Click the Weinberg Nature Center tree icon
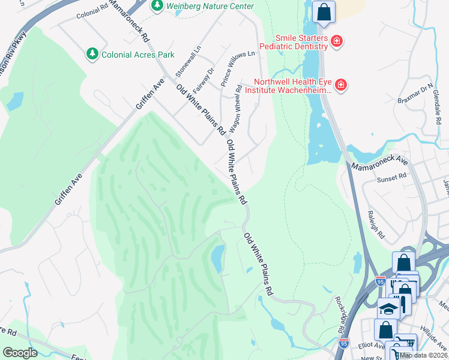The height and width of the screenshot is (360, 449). tap(157, 5)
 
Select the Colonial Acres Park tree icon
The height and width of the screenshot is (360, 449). tap(92, 54)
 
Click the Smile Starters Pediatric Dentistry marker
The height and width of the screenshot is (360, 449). tap(337, 41)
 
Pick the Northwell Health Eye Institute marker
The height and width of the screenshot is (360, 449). tap(340, 85)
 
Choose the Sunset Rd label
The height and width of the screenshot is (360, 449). tap(392, 178)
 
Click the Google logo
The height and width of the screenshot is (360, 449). tap(20, 353)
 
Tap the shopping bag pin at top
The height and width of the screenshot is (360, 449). tap(324, 12)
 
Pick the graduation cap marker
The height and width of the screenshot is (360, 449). tap(388, 309)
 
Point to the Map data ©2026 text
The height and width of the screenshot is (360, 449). tap(424, 355)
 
